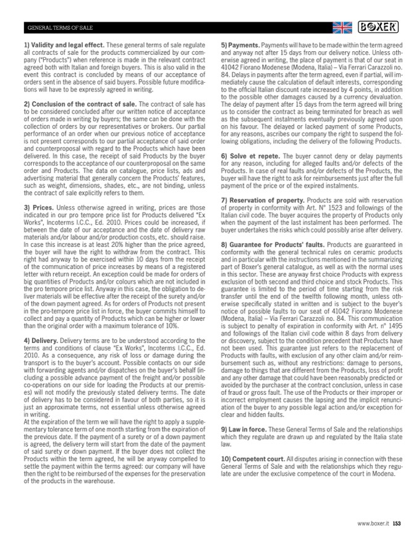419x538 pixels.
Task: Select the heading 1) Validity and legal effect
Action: click(64, 46)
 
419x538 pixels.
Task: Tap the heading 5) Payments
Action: click(242, 46)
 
